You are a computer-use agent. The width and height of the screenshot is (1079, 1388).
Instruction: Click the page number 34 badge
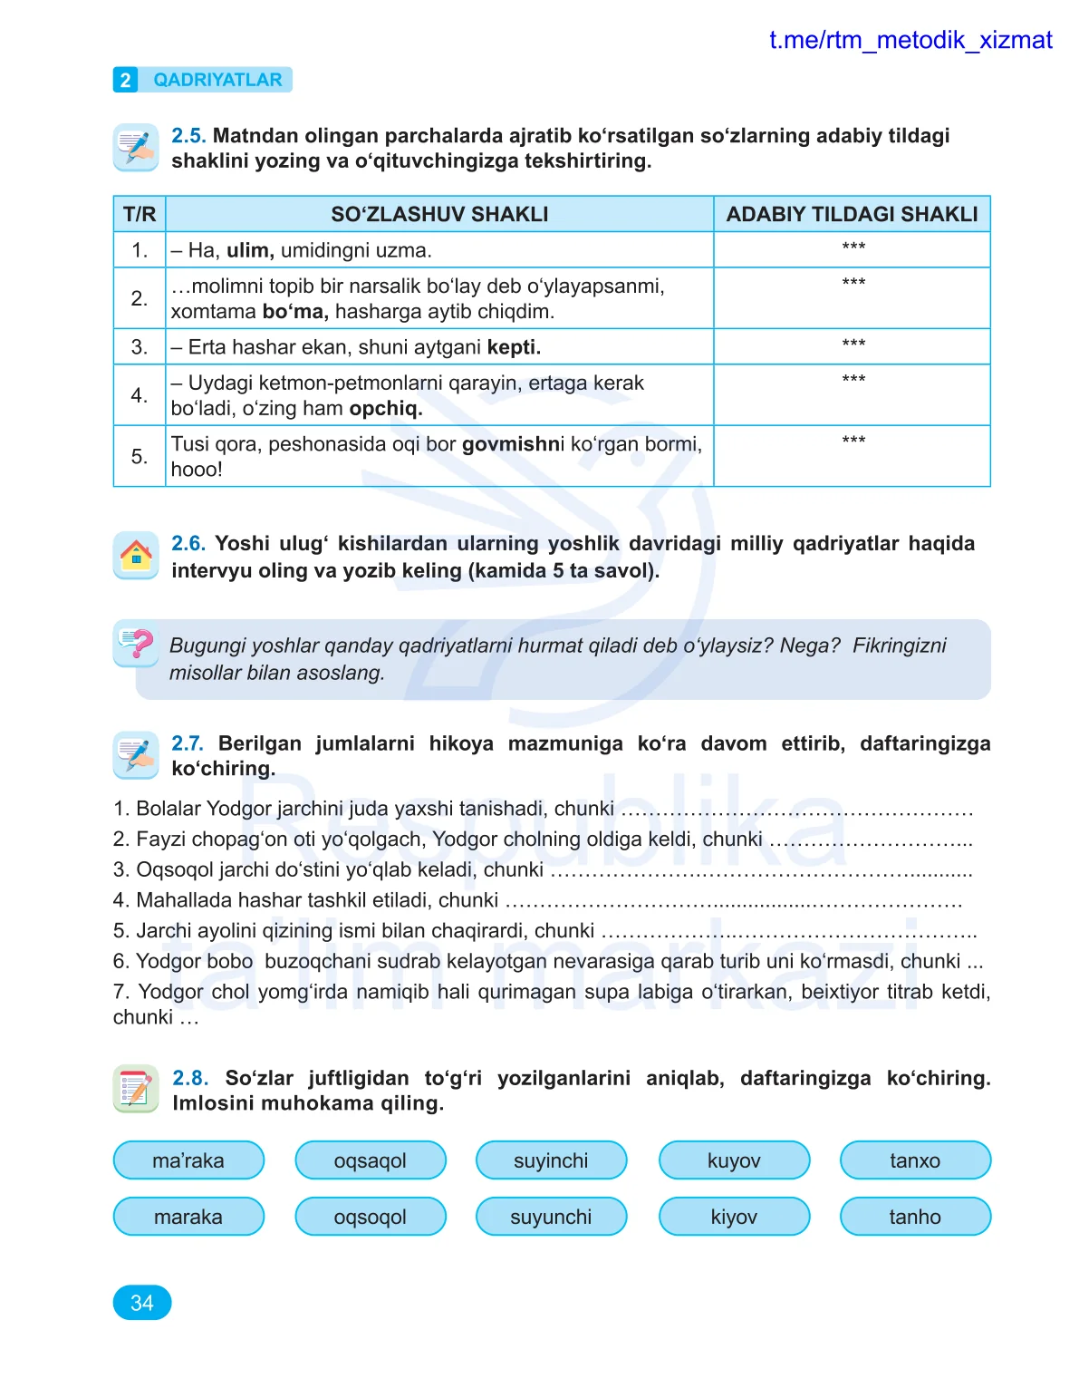click(142, 1303)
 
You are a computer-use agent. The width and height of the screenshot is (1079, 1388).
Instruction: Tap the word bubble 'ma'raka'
click(188, 1160)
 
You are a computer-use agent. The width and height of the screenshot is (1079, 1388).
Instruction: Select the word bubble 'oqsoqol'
click(371, 1217)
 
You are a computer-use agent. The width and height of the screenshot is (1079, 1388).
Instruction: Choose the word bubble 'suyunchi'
click(551, 1217)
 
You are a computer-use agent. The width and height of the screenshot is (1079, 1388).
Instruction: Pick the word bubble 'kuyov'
click(734, 1160)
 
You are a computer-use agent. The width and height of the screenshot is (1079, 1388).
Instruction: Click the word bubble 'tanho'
click(915, 1217)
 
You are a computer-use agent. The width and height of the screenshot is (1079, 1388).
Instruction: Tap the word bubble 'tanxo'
click(915, 1160)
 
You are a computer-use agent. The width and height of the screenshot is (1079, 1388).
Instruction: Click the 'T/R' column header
click(140, 215)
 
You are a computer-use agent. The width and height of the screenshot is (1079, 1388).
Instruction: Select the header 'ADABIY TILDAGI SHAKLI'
click(852, 215)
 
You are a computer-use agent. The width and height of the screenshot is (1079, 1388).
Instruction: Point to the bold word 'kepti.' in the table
click(514, 347)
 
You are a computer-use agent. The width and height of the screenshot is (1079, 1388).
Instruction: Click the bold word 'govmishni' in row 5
click(513, 444)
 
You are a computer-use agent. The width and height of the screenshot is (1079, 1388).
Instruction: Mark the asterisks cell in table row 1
click(853, 248)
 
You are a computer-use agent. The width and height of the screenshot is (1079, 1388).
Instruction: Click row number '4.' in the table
click(140, 395)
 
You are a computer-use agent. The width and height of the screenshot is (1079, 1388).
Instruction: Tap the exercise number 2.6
click(188, 544)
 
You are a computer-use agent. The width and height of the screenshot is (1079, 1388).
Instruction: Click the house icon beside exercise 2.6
click(136, 554)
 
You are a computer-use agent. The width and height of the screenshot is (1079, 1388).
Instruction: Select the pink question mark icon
click(138, 644)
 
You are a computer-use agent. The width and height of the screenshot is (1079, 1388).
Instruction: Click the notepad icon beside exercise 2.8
click(136, 1088)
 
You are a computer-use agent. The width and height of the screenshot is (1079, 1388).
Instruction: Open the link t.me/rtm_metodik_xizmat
click(910, 41)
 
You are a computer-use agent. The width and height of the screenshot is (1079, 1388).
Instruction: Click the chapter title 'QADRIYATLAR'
click(217, 80)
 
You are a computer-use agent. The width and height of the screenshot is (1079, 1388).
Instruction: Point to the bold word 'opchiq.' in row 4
click(386, 409)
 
